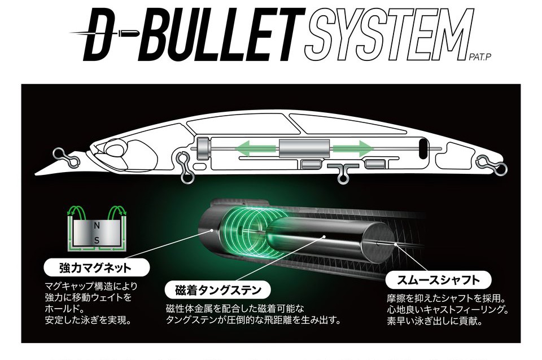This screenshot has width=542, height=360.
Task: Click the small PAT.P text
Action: click(x=480, y=58)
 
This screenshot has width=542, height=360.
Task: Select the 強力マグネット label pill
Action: click(x=97, y=268)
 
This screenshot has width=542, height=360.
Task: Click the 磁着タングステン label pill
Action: click(x=218, y=290)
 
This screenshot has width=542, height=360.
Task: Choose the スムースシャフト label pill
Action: click(x=438, y=280)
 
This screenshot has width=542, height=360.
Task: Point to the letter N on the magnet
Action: click(x=97, y=226)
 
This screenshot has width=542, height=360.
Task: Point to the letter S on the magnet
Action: click(x=97, y=241)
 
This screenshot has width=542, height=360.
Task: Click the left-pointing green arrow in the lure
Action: click(x=255, y=149)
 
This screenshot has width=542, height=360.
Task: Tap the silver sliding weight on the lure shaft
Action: click(x=304, y=148)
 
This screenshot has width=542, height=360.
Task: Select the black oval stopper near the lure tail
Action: click(x=423, y=149)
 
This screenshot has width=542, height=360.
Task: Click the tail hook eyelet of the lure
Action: click(x=492, y=164)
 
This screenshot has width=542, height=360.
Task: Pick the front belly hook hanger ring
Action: click(x=185, y=168)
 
